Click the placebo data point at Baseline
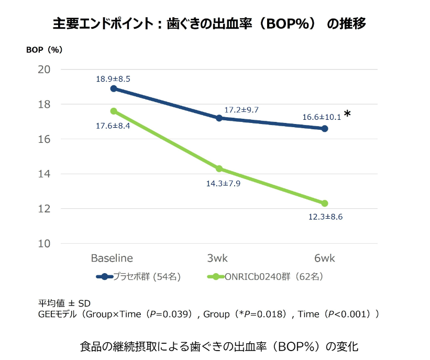[113, 88]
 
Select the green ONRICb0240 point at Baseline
[113, 111]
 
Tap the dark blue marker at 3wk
[219, 118]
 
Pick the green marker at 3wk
[219, 168]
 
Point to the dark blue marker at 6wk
[325, 128]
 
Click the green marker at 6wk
[325, 203]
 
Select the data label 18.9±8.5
[113, 79]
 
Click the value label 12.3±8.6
[325, 217]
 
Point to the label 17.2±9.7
[241, 110]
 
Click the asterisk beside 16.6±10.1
[347, 114]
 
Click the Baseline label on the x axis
[112, 258]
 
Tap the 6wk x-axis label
[325, 258]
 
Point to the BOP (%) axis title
[45, 50]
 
